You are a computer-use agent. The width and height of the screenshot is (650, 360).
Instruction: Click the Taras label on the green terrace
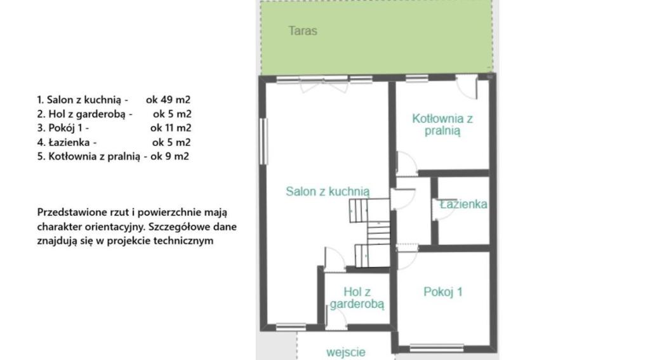click(x=303, y=30)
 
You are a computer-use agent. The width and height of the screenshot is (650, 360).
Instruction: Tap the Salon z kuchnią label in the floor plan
click(x=328, y=191)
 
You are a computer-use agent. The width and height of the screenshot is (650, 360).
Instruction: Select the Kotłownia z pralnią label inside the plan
click(x=442, y=124)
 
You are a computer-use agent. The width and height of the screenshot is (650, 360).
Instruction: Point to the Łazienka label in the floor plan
click(x=463, y=204)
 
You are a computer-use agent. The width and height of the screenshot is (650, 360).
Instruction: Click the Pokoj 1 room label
click(x=442, y=291)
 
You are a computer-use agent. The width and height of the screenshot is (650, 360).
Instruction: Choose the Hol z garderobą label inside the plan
click(x=357, y=298)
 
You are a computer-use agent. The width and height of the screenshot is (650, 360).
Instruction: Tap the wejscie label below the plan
click(x=346, y=352)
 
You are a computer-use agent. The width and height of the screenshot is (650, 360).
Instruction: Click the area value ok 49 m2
click(x=168, y=100)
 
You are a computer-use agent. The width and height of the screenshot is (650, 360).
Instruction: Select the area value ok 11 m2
click(x=171, y=128)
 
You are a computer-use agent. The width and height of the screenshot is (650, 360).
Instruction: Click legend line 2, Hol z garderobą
click(x=84, y=114)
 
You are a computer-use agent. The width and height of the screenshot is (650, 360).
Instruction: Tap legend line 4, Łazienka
click(x=67, y=142)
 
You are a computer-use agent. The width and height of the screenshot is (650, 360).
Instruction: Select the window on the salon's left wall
click(x=263, y=141)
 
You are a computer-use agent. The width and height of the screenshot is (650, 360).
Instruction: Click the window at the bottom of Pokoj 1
click(x=437, y=347)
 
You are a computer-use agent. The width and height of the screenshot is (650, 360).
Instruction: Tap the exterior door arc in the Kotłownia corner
click(x=467, y=88)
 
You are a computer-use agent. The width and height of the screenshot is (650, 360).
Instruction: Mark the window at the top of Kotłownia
click(x=416, y=78)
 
